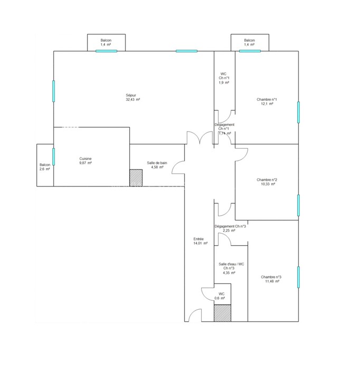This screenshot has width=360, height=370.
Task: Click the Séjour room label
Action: click(131, 95)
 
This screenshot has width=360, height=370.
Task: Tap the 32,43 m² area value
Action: click(133, 99)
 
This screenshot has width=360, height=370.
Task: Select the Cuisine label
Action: click(86, 159)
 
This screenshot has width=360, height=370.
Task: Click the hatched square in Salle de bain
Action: click(136, 178)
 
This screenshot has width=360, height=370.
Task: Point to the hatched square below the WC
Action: click(222, 313)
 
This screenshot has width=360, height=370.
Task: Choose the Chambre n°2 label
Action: click(267, 180)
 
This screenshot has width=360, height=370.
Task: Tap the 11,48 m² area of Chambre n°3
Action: click(272, 281)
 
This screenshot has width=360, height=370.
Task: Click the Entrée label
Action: click(198, 239)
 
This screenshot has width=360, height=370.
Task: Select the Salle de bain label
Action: click(157, 163)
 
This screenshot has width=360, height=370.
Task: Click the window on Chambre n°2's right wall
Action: click(299, 205)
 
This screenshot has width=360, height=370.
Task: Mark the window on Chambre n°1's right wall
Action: click(299, 112)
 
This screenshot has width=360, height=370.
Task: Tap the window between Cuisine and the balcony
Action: click(53, 156)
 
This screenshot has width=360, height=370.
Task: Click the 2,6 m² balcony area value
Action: click(44, 169)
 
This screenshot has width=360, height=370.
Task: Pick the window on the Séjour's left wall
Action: click(53, 91)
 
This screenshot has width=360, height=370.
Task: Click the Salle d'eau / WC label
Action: click(231, 264)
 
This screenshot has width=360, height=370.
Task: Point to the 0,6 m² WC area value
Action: click(220, 298)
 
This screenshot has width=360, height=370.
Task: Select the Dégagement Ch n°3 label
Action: click(230, 226)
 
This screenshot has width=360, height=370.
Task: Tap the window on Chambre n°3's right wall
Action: click(299, 277)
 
